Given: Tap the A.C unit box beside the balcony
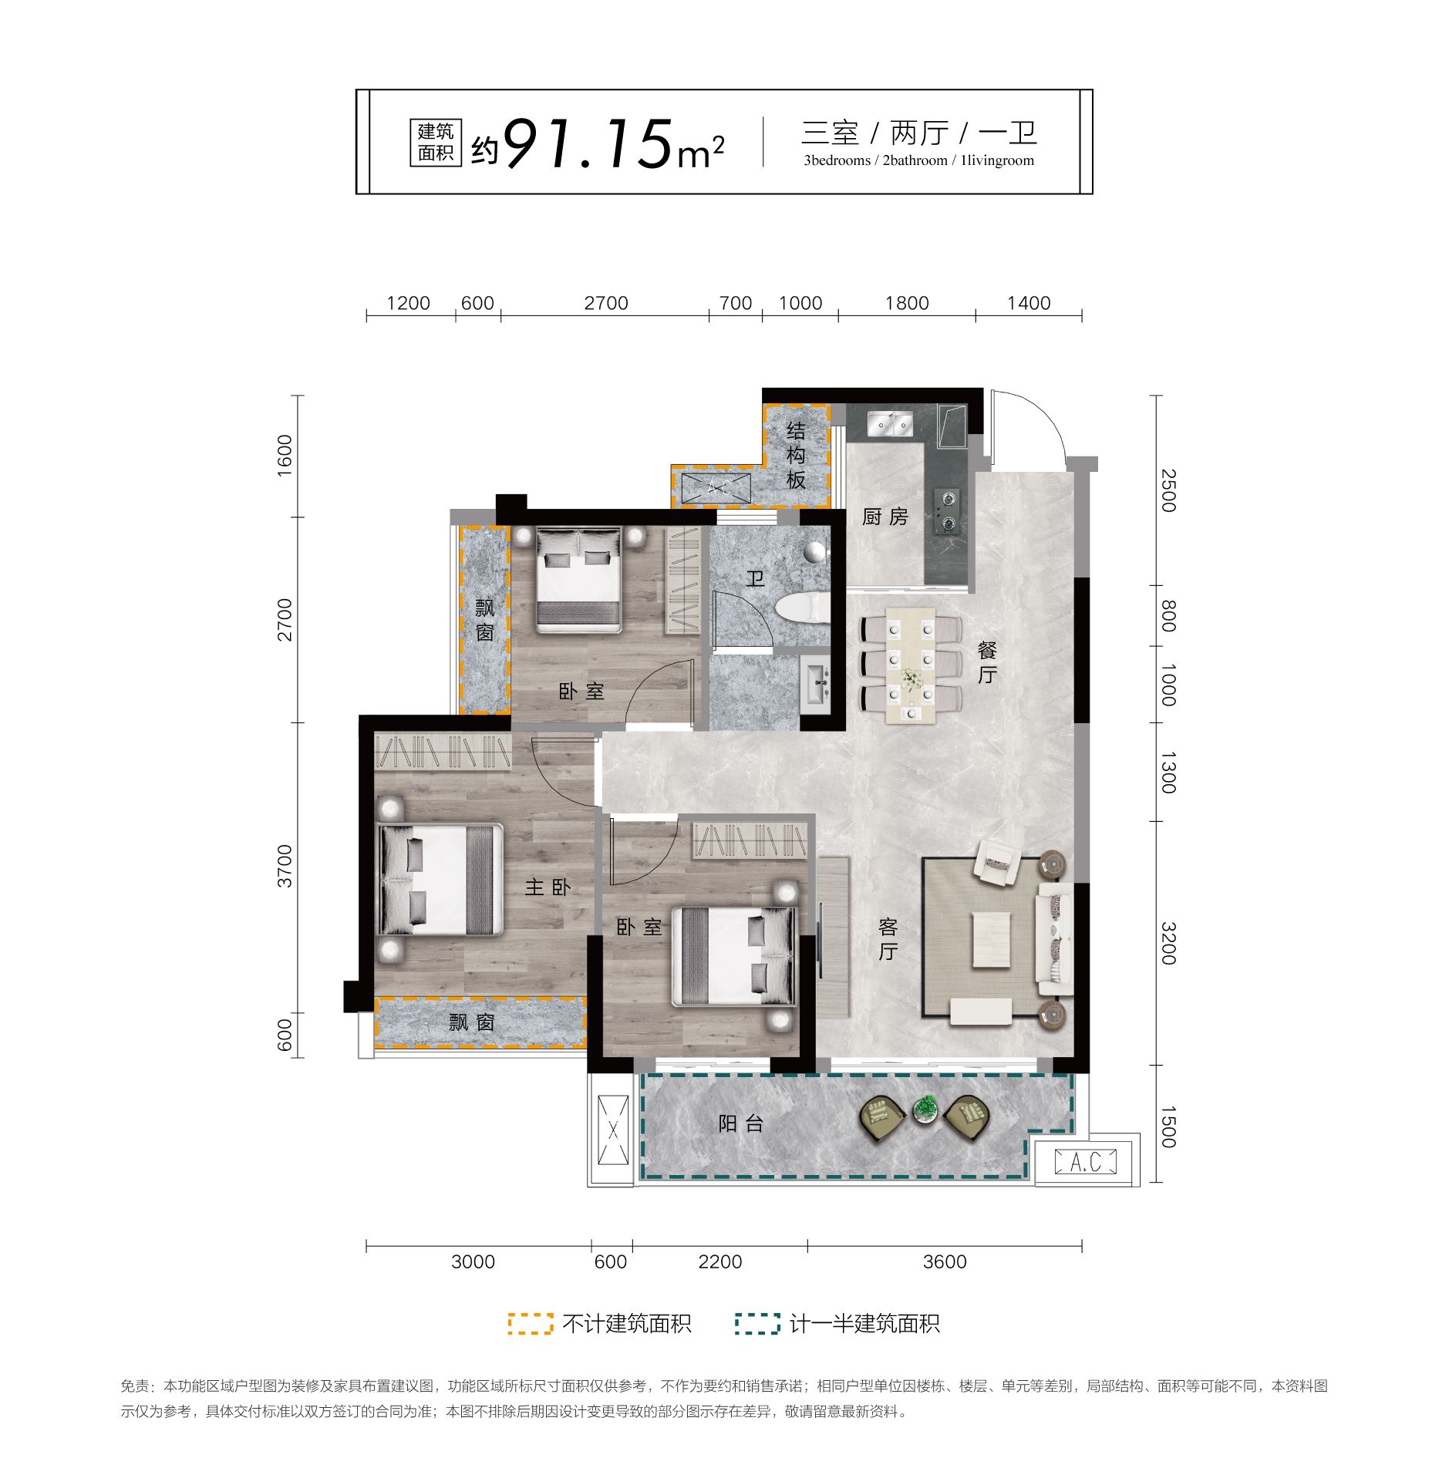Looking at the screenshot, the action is tap(1086, 1161).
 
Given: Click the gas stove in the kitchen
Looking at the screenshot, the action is tap(947, 511).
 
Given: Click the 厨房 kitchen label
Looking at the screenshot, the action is tap(885, 517).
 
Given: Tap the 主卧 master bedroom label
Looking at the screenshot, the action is tap(548, 887).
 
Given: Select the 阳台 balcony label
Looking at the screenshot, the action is tap(740, 1123).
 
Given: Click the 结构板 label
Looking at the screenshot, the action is tap(796, 455).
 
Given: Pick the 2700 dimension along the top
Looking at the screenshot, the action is tap(606, 303).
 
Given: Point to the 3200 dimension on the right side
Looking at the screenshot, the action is tap(1168, 943).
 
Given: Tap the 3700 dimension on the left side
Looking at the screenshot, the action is tap(285, 866).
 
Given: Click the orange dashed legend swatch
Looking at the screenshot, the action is tap(530, 1323).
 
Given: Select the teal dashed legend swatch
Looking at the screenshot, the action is tap(757, 1323).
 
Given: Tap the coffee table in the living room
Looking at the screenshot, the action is tap(991, 939).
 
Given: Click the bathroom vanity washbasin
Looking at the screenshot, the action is tap(815, 681).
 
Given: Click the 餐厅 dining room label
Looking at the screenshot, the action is tap(987, 662).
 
